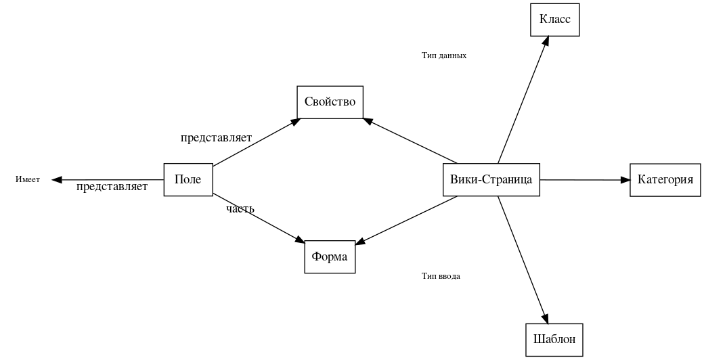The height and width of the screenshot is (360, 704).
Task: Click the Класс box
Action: pyautogui.click(x=554, y=20)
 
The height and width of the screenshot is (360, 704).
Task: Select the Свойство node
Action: pyautogui.click(x=330, y=102)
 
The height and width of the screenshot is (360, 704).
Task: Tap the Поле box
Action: pyautogui.click(x=188, y=180)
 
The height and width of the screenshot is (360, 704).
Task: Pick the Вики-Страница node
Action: pyautogui.click(x=491, y=180)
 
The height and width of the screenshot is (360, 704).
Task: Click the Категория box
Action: pyautogui.click(x=665, y=180)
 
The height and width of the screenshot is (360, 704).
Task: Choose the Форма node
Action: pyautogui.click(x=330, y=257)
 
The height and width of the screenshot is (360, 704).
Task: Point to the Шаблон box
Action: pyautogui.click(x=554, y=340)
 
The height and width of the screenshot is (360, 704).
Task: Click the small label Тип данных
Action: pyautogui.click(x=443, y=55)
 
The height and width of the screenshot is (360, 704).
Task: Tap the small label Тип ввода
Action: pyautogui.click(x=441, y=276)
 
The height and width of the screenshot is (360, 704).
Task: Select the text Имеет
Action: pyautogui.click(x=28, y=180)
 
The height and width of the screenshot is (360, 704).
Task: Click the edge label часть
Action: pyautogui.click(x=240, y=208)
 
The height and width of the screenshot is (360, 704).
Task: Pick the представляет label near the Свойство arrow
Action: pyautogui.click(x=216, y=138)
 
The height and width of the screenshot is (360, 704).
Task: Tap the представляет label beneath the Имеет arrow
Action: pyautogui.click(x=112, y=187)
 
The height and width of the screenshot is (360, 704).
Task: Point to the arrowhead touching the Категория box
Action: pyautogui.click(x=625, y=180)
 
